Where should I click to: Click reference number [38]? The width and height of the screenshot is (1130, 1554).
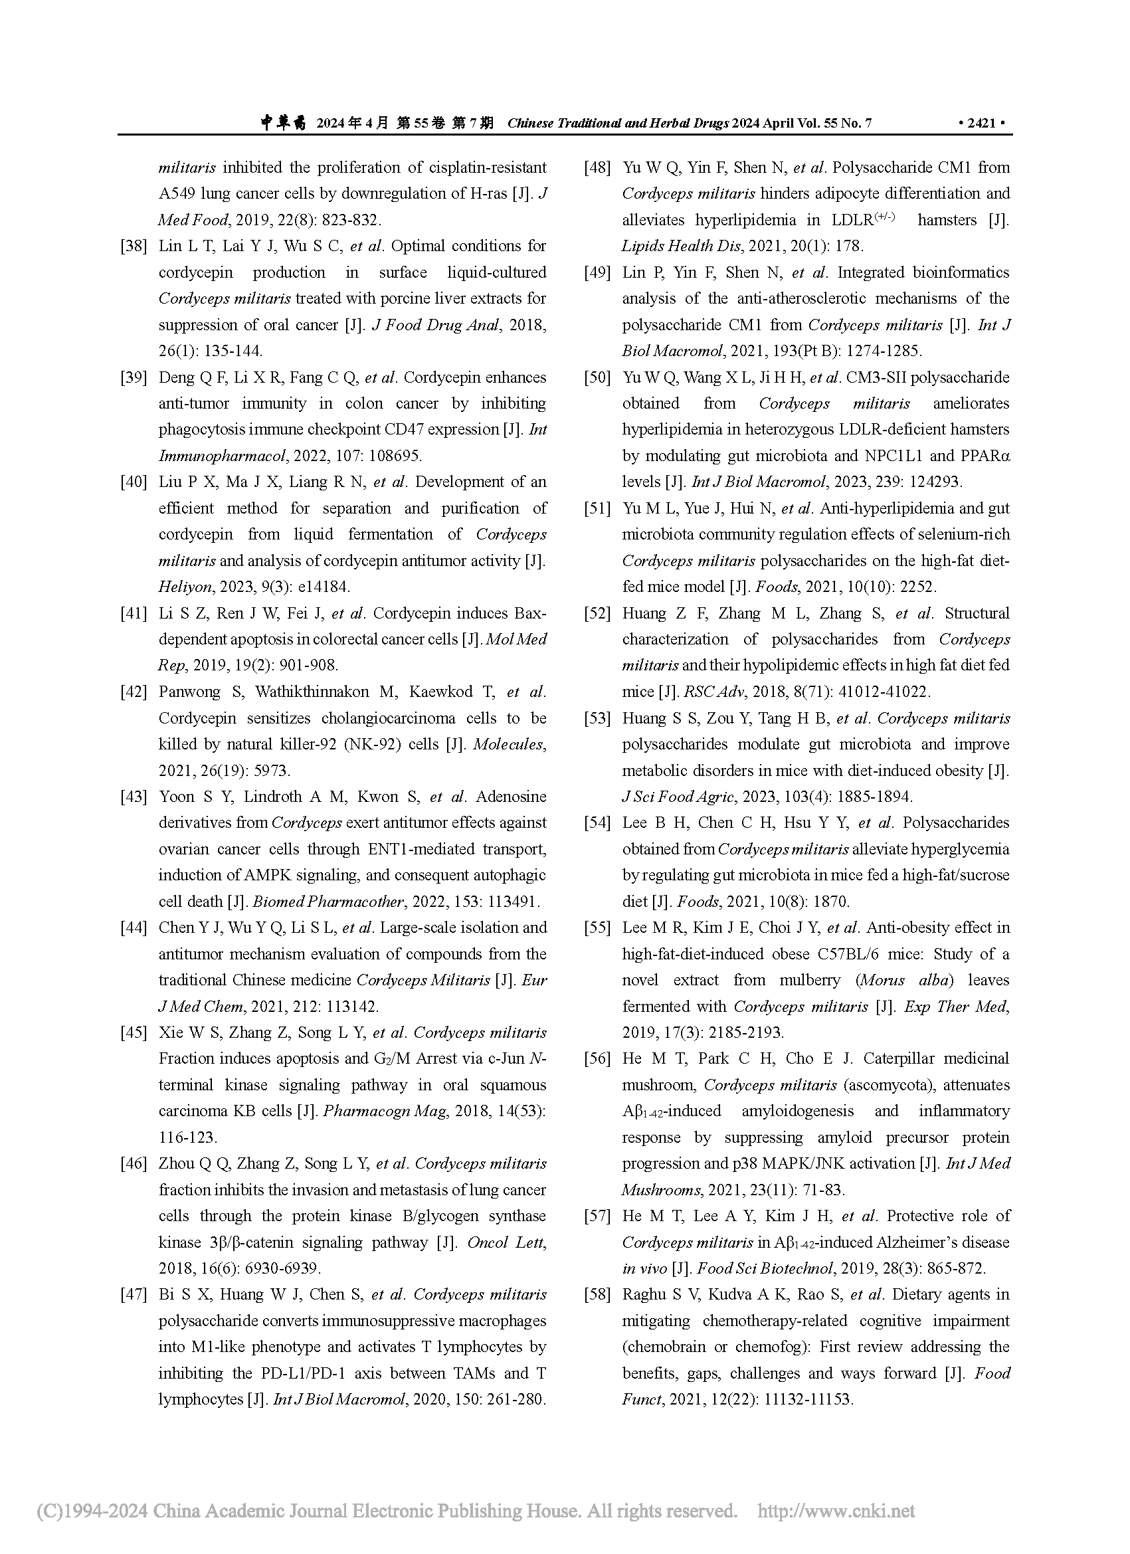[134, 246]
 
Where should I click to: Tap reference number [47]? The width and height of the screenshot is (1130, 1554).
[134, 1294]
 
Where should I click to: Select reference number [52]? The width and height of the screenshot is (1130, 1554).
[597, 613]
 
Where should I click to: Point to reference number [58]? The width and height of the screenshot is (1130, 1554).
[597, 1294]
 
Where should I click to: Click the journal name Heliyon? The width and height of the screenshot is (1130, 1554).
[177, 587]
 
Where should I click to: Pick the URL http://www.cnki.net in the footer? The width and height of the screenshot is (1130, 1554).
[835, 1511]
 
